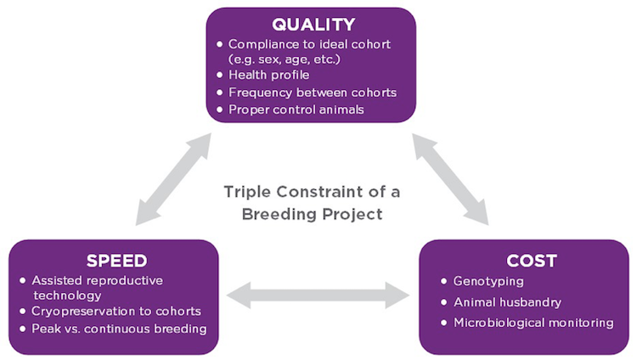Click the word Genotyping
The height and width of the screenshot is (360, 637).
(x=489, y=280)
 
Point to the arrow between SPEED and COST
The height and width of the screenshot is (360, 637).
(x=318, y=295)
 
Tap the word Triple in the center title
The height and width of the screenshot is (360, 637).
(x=246, y=192)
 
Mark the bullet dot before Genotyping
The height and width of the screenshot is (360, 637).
(x=444, y=281)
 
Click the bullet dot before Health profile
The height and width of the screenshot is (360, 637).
(x=220, y=76)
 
